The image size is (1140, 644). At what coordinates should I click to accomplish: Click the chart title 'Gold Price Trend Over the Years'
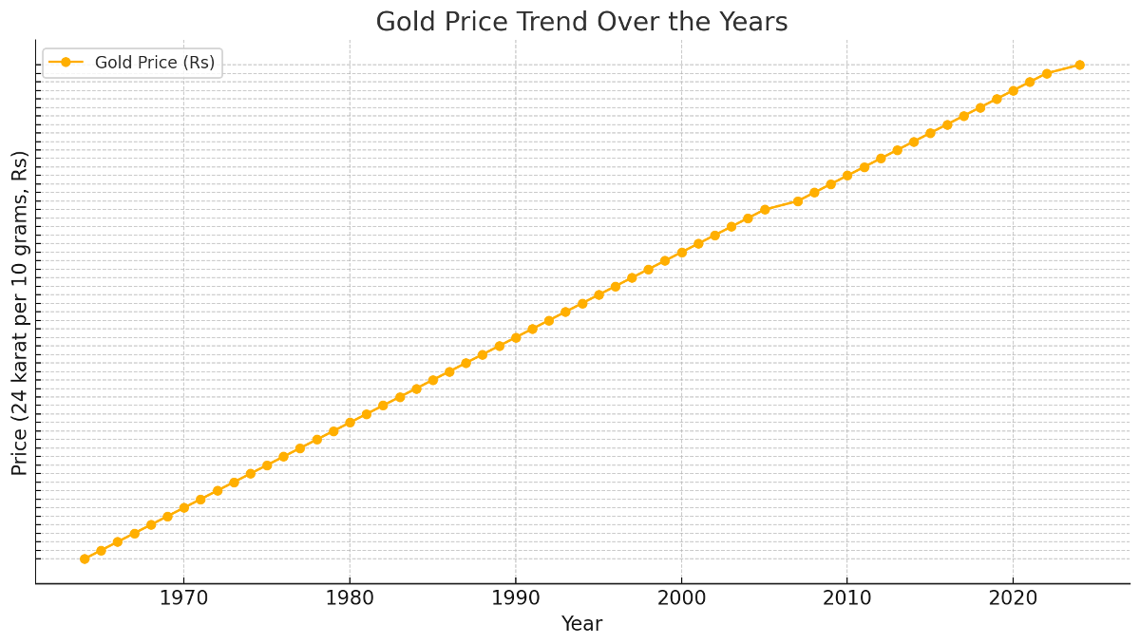click(581, 22)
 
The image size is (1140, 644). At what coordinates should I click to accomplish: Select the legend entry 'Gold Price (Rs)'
click(154, 63)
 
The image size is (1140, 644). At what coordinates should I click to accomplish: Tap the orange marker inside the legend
click(66, 63)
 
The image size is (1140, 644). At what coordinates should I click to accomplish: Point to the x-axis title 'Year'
click(581, 624)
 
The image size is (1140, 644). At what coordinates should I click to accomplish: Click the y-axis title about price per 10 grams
click(20, 313)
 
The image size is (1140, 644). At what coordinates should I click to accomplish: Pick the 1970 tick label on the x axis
click(183, 599)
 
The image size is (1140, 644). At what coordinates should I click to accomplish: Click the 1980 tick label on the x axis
click(350, 599)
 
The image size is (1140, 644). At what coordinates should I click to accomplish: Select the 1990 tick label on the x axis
click(516, 599)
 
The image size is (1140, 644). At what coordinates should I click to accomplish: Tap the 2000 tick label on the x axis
click(681, 599)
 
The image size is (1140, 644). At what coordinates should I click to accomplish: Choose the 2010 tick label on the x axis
click(847, 599)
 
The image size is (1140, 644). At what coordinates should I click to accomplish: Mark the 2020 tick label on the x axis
click(1013, 599)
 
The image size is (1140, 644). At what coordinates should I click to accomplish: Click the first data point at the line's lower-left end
click(85, 559)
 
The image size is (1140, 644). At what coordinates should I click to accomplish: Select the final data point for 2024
click(1079, 65)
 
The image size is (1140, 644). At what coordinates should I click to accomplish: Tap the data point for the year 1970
click(183, 507)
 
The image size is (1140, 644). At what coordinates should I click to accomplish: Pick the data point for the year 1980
click(350, 423)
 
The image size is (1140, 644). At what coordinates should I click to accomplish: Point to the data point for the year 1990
click(516, 337)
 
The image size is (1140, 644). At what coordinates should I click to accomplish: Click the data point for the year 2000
click(681, 253)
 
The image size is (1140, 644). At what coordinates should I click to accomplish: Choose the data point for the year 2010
click(847, 176)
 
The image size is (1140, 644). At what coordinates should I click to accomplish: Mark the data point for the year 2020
click(1013, 90)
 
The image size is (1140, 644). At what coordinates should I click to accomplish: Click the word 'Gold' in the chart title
click(402, 22)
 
